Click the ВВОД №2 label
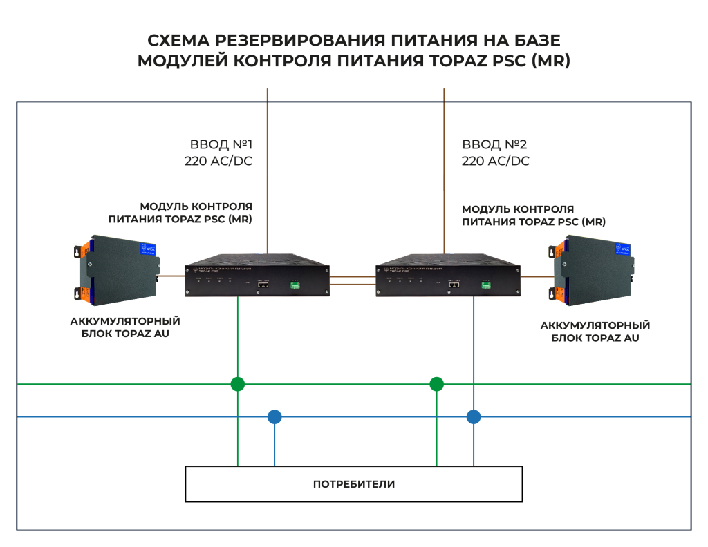(x=494, y=145)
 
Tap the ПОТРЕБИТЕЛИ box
(x=353, y=483)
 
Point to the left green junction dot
(x=237, y=384)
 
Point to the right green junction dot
(x=436, y=384)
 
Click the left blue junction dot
(x=274, y=416)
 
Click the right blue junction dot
(x=474, y=416)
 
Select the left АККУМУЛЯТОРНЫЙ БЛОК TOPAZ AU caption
(x=125, y=327)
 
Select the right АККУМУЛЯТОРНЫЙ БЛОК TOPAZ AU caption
(x=595, y=332)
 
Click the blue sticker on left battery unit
(x=149, y=247)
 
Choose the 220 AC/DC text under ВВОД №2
(x=496, y=162)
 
